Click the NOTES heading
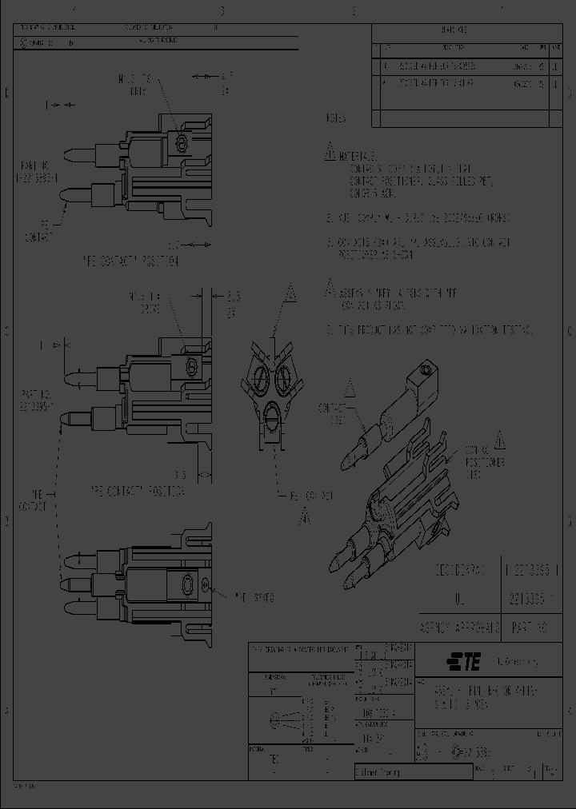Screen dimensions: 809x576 pyautogui.click(x=336, y=118)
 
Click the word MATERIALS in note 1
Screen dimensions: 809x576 pyautogui.click(x=356, y=155)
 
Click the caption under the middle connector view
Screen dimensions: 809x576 pyautogui.click(x=136, y=488)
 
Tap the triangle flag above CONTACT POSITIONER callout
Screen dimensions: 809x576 pyautogui.click(x=499, y=439)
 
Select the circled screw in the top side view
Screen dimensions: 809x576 pyautogui.click(x=181, y=143)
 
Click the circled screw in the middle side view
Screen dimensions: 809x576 pyautogui.click(x=191, y=367)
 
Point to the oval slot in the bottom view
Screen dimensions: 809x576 pyautogui.click(x=186, y=586)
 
